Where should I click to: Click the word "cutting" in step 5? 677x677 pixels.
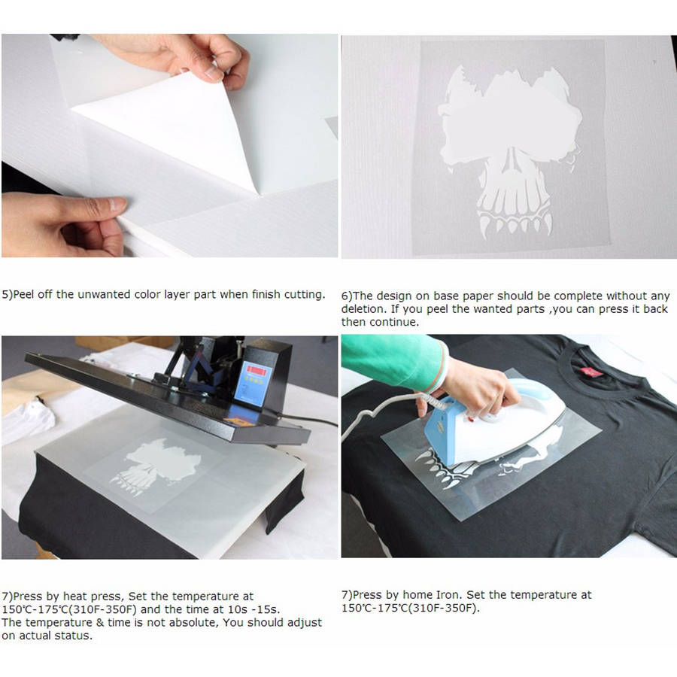pyautogui.click(x=305, y=295)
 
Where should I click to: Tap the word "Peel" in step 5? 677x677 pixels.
pyautogui.click(x=23, y=294)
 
